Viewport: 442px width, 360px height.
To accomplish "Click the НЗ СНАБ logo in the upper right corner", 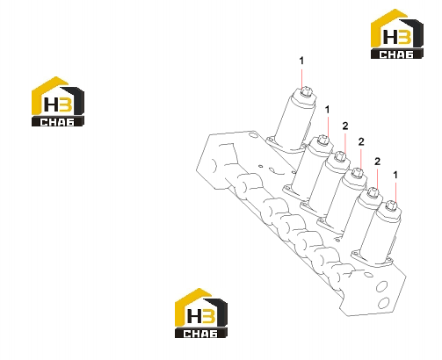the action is pos(397,34).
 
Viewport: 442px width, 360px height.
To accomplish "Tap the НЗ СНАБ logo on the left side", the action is pos(58,102).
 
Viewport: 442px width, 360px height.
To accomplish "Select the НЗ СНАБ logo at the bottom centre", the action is pos(201,313).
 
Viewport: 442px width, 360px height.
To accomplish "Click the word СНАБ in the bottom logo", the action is pos(200,334).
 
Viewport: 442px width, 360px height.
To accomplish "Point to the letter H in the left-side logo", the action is pos(51,104).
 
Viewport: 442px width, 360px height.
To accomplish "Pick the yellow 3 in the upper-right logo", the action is pos(405,37).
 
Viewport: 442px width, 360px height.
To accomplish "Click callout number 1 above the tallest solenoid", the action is pos(301,61).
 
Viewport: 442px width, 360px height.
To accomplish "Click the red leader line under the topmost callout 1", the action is pos(301,79).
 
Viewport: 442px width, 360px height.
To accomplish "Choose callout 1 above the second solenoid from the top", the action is pos(327,110).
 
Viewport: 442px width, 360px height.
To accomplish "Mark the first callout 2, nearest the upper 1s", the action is pos(345,126).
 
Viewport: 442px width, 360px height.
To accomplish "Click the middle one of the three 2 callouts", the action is pos(361,141).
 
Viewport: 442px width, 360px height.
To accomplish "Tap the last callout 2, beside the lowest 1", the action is pos(377,162).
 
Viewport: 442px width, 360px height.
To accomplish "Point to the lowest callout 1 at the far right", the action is pos(395,175).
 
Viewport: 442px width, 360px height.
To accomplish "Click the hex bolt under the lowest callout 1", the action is pos(391,205).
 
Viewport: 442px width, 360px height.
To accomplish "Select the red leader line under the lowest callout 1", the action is pos(395,192).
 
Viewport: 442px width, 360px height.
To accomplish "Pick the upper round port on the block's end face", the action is pos(381,286).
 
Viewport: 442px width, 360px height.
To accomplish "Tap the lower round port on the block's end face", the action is pos(384,303).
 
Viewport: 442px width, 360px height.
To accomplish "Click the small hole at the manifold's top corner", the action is pos(252,135).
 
